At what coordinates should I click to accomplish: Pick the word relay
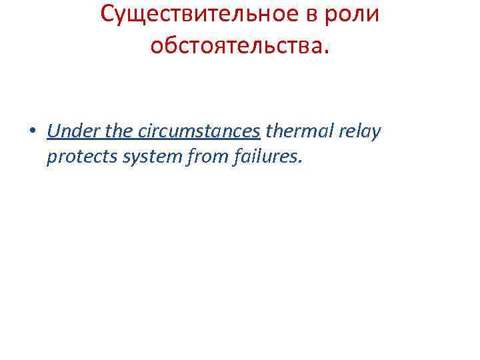pos(361,131)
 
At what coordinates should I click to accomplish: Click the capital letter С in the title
pos(108,15)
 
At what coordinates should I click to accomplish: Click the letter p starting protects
pos(52,159)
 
